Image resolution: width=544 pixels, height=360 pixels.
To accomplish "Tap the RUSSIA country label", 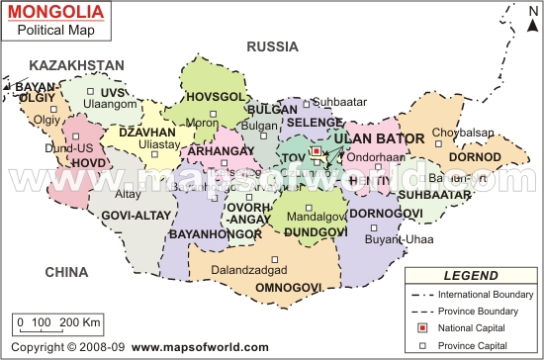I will [272, 45].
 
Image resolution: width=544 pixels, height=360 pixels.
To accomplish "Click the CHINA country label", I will [65, 272].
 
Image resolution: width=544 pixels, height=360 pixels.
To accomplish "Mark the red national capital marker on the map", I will [316, 152].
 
